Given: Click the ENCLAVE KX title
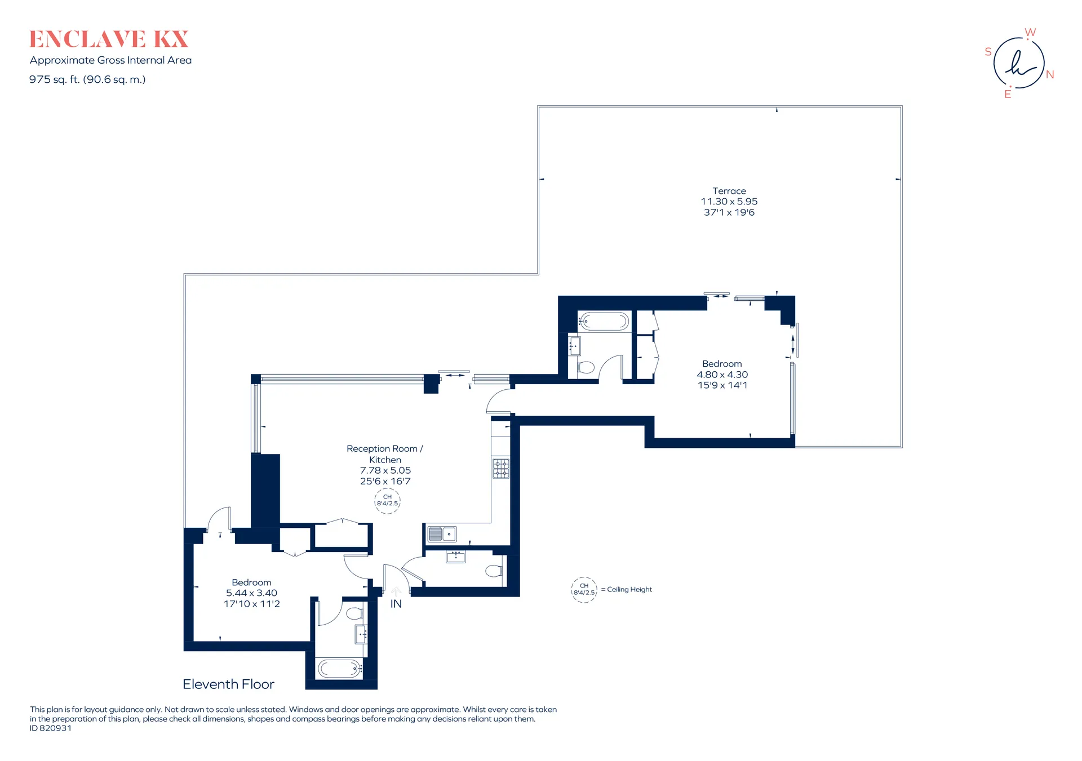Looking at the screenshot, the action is tap(109, 39).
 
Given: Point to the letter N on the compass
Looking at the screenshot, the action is tap(1050, 74).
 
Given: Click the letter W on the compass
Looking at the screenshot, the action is tap(1030, 32).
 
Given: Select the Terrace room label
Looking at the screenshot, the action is tap(729, 191).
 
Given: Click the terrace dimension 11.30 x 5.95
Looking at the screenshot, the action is tap(729, 201).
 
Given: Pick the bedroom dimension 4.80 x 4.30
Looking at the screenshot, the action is tap(722, 375).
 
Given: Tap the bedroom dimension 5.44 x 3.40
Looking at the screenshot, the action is tap(251, 593).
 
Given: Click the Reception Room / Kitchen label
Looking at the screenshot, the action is tap(385, 454).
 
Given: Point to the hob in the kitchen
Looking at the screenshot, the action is tap(501, 469).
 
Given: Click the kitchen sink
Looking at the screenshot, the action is tap(442, 533).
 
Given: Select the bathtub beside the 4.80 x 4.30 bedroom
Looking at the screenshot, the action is tap(604, 322).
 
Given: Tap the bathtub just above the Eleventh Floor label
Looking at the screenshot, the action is tap(339, 669).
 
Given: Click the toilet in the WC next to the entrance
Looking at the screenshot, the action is tap(494, 571).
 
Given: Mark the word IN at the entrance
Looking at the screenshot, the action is tap(396, 604).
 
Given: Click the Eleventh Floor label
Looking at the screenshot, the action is tap(228, 684).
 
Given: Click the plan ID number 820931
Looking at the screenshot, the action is tap(55, 728).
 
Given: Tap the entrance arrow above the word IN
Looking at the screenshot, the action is tap(396, 591).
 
